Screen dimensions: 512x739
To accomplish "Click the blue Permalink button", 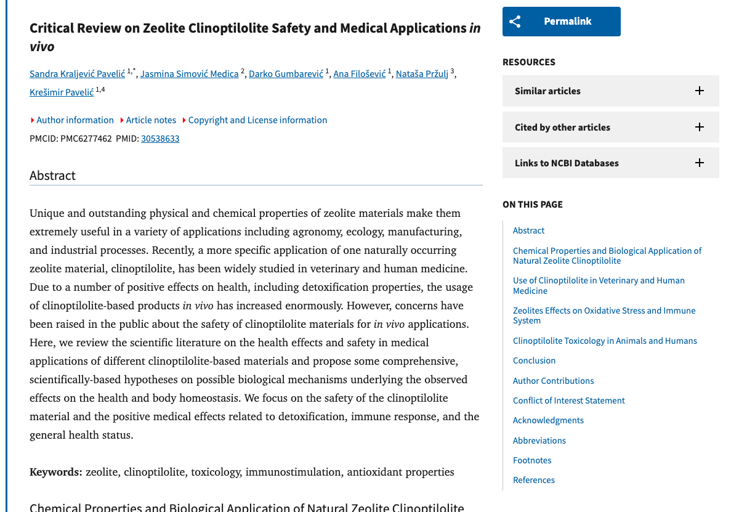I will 561,22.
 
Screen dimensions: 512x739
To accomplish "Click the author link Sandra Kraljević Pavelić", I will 77,74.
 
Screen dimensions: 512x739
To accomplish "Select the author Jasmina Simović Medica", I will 189,74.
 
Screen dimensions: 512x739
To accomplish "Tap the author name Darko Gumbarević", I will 286,74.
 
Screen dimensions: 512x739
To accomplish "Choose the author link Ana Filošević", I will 359,74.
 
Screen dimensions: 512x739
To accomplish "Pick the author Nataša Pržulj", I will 422,74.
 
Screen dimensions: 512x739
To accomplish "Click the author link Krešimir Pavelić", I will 62,92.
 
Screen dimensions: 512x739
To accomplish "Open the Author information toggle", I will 75,120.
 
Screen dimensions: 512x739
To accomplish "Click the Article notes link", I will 151,120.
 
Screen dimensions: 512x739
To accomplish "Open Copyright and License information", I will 257,120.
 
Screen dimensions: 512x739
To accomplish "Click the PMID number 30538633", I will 160,139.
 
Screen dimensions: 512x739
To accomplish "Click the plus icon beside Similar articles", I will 699,91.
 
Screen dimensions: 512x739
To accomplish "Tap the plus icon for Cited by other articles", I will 699,128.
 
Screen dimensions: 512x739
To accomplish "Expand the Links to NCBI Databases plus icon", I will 699,163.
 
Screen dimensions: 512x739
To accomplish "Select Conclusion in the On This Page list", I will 534,361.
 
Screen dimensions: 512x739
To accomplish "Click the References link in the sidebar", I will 533,481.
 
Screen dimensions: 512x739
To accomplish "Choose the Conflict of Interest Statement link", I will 568,401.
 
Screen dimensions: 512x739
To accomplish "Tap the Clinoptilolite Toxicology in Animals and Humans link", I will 605,341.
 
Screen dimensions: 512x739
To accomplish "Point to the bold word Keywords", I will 55,473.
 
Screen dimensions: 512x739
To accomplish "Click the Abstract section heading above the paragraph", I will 52,176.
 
